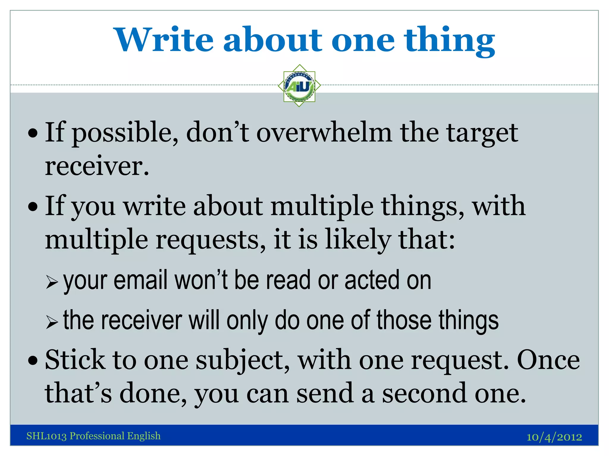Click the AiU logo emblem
(x=299, y=86)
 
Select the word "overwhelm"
(x=324, y=133)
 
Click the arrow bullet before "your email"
(x=52, y=282)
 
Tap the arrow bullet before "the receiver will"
(x=52, y=322)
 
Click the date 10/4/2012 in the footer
(x=554, y=437)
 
